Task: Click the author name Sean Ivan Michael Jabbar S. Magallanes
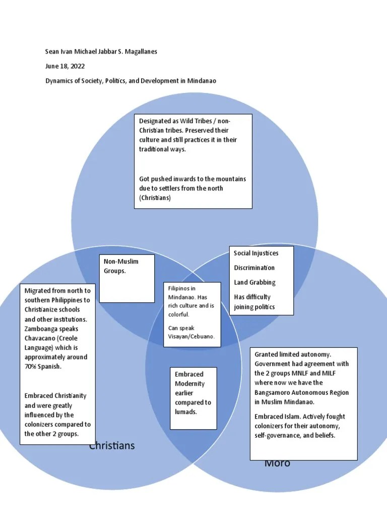[101, 52]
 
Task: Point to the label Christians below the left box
[112, 446]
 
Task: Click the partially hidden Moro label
[277, 463]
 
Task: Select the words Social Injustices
[256, 253]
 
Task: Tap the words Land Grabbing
[254, 282]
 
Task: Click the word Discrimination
[254, 268]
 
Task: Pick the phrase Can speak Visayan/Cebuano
[191, 332]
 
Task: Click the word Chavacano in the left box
[41, 338]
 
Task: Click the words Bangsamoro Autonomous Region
[301, 392]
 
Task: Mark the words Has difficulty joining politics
[254, 302]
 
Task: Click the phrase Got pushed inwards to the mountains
[192, 179]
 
